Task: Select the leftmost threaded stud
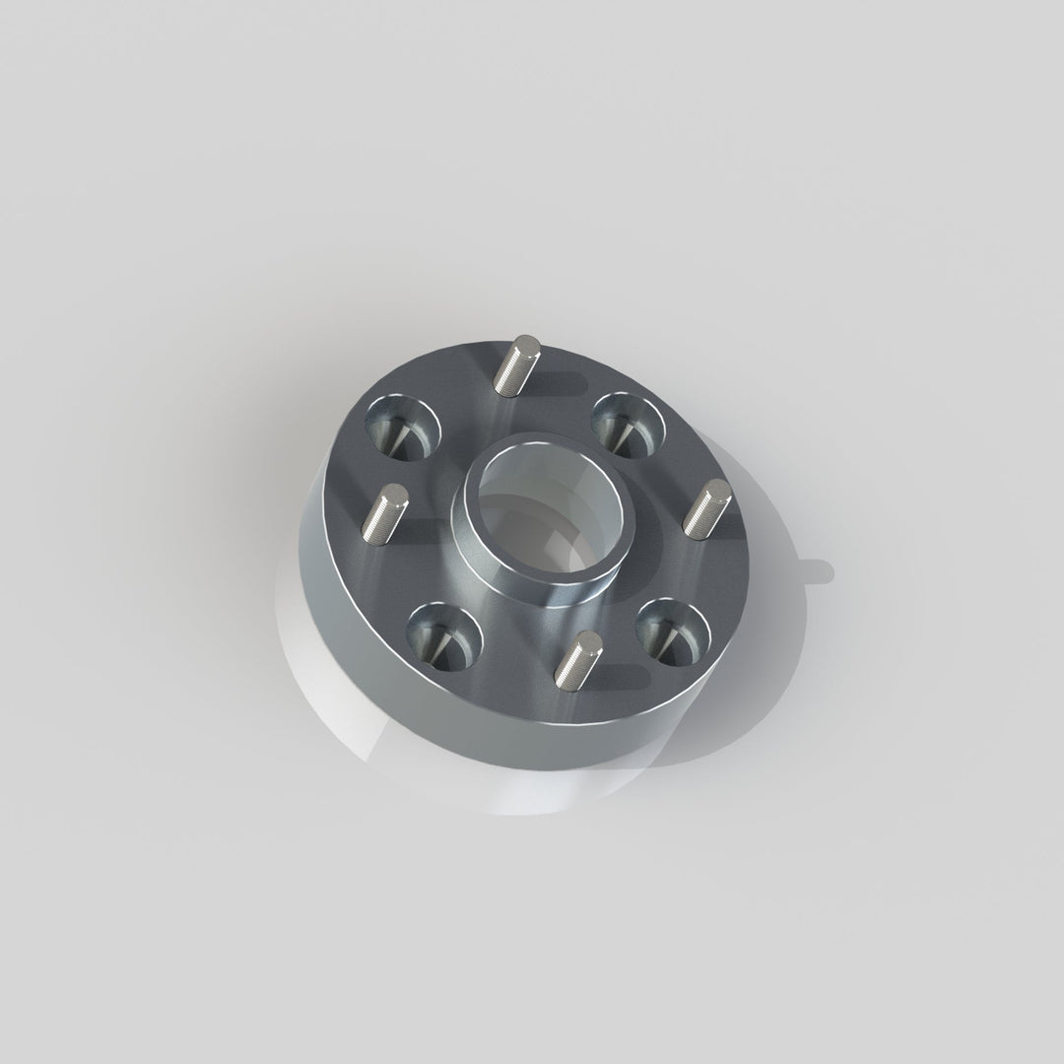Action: tap(382, 513)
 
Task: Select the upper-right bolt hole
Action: tap(628, 422)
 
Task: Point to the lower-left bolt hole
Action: tap(443, 632)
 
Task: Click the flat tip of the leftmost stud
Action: tap(395, 492)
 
